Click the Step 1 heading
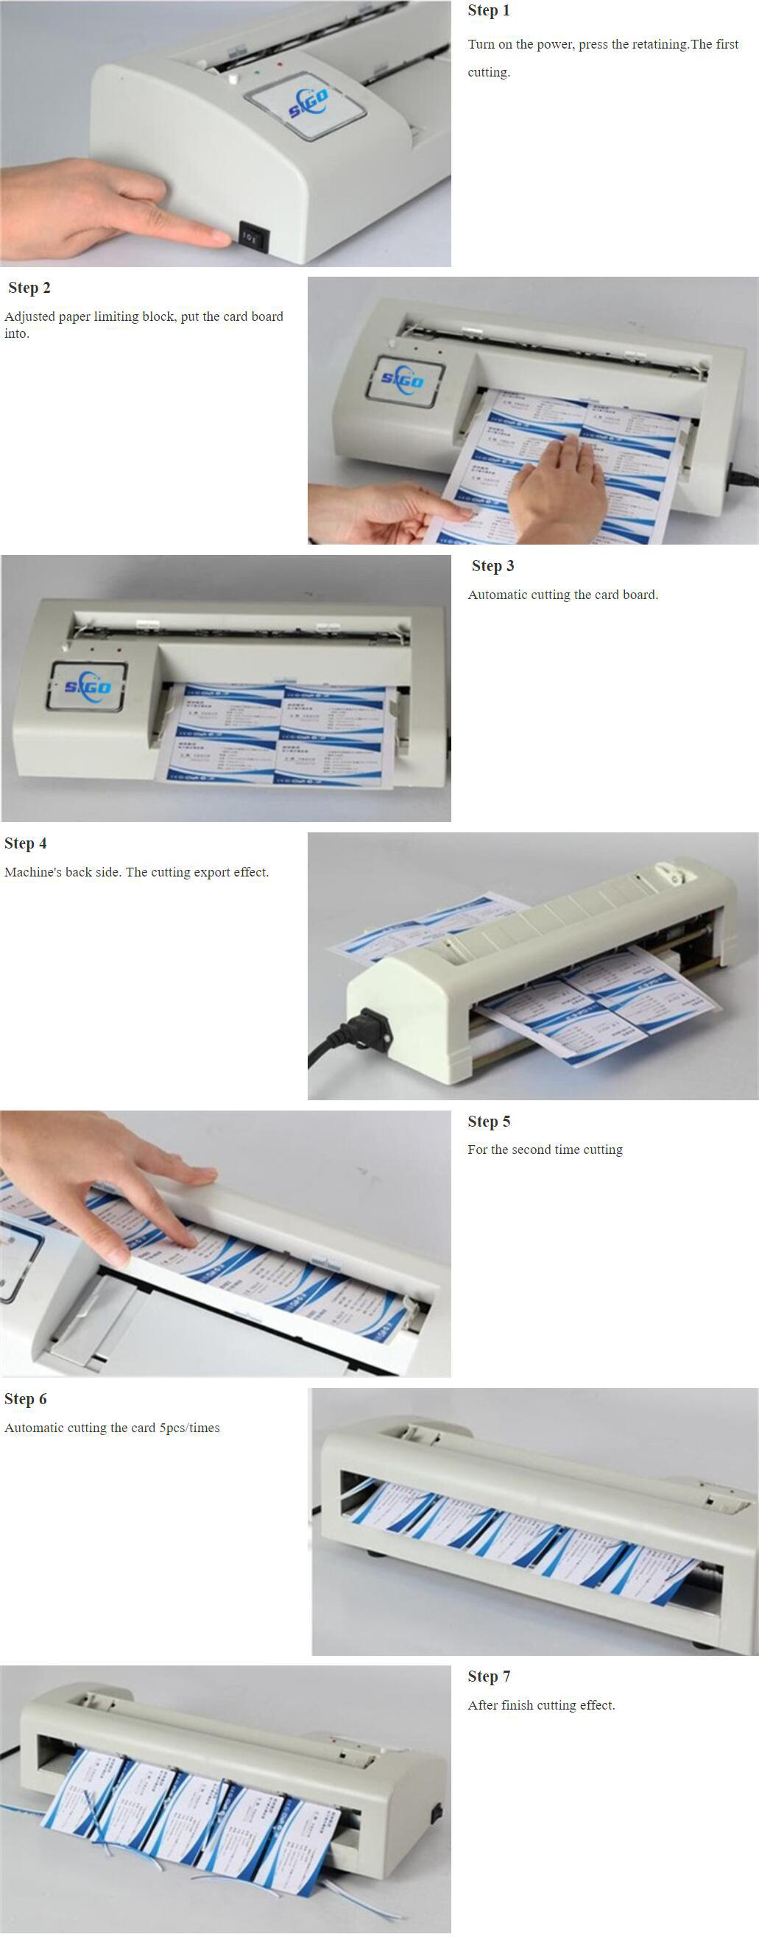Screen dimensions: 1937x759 [x=488, y=10]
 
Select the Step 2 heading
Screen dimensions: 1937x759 [x=29, y=288]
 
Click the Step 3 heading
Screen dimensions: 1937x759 [x=493, y=566]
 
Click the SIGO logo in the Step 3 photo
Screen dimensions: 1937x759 [x=87, y=686]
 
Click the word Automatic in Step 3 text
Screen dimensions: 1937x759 [x=497, y=595]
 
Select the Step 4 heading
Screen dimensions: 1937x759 [x=26, y=843]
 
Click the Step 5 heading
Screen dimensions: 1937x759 [x=489, y=1122]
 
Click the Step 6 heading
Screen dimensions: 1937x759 [x=26, y=1399]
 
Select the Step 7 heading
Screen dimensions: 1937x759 [x=489, y=1676]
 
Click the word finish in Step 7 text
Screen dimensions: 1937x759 [x=517, y=1705]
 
